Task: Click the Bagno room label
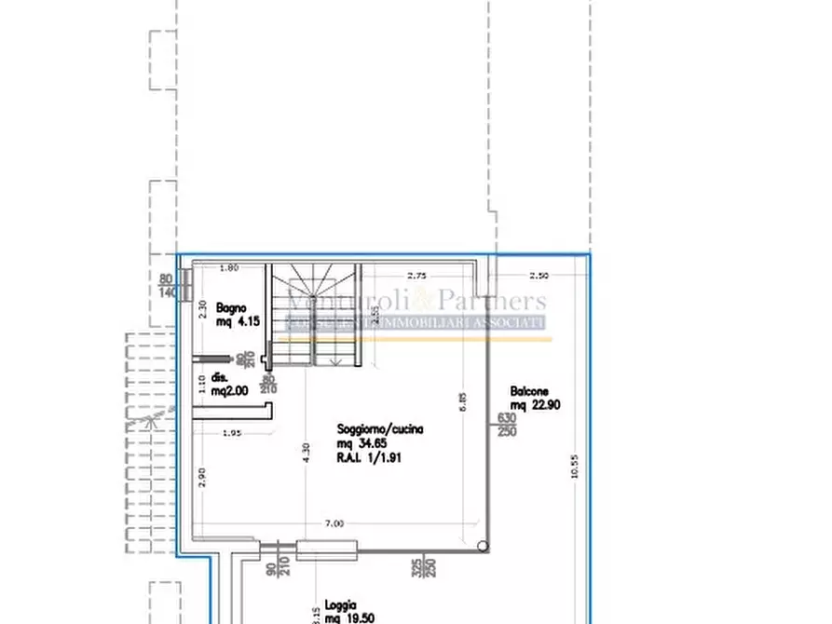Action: click(231, 307)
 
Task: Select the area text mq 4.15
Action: click(238, 321)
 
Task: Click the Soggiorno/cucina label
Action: click(380, 429)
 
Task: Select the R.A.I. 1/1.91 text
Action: click(369, 458)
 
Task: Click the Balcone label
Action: click(529, 391)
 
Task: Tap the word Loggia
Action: click(342, 604)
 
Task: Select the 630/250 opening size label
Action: click(507, 424)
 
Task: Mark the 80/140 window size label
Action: click(167, 286)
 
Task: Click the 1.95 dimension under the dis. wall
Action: click(231, 434)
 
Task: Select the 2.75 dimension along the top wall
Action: click(416, 276)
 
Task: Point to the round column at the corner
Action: click(481, 547)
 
